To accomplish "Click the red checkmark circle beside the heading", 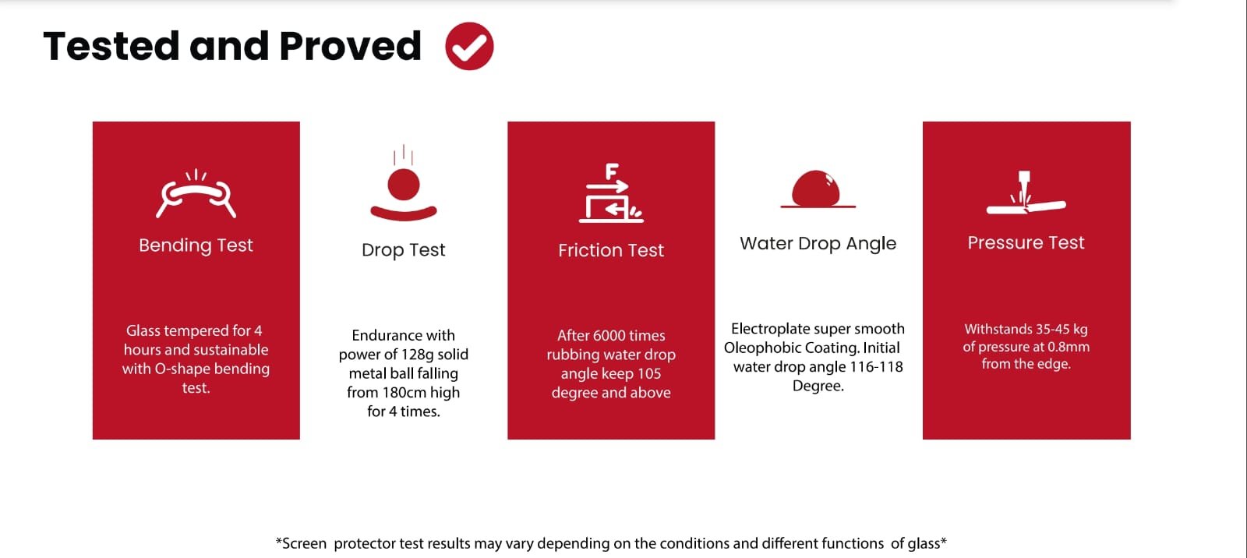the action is point(469,46).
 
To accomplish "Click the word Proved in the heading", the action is point(350,46).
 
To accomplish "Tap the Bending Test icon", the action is point(196,194).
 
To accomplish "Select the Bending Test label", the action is point(196,245).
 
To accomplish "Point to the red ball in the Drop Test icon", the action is point(404,185).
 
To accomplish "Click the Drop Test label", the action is point(404,250).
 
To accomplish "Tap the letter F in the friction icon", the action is point(612,171).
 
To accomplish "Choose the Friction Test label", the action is point(611,250).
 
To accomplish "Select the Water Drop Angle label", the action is point(818,243).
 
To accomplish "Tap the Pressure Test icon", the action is point(1026,192).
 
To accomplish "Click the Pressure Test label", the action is point(1026,243).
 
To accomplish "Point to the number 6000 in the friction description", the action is point(609,335).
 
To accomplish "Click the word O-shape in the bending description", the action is point(182,369).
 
